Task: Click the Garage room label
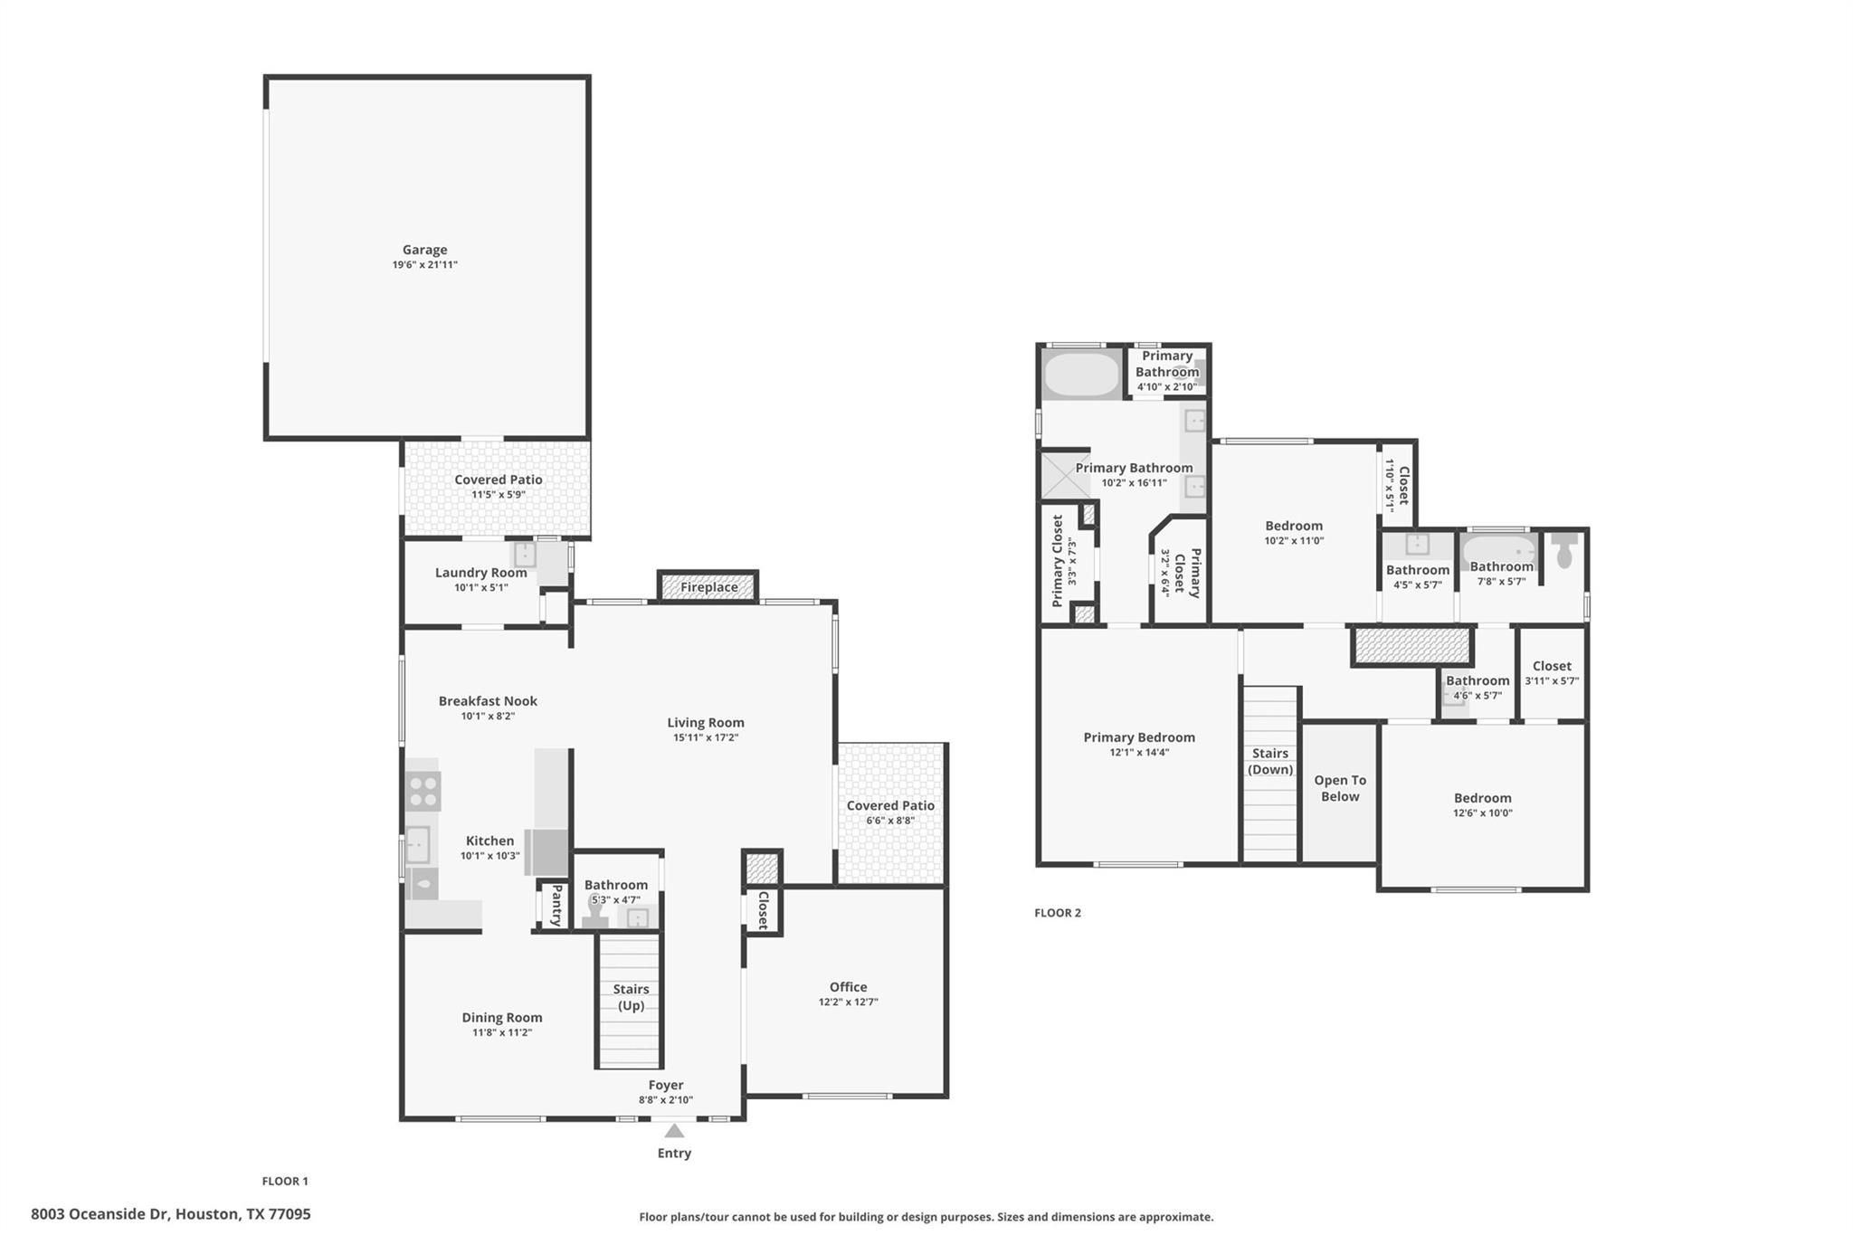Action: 424,250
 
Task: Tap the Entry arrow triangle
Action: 674,1130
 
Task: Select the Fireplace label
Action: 708,587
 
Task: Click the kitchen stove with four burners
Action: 423,792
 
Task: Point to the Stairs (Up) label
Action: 631,997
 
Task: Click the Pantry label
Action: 556,905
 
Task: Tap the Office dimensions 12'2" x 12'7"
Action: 848,1002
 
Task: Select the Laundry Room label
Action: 480,573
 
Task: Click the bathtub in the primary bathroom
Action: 1081,375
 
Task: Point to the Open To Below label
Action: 1340,788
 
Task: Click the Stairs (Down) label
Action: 1270,761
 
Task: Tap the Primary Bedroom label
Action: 1139,737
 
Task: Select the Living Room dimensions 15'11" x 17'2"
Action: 705,737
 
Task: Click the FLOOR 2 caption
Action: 1058,913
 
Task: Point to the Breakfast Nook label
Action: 488,701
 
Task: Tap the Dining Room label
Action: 502,1018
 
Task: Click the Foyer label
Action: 666,1085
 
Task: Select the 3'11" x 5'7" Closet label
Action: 1552,666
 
